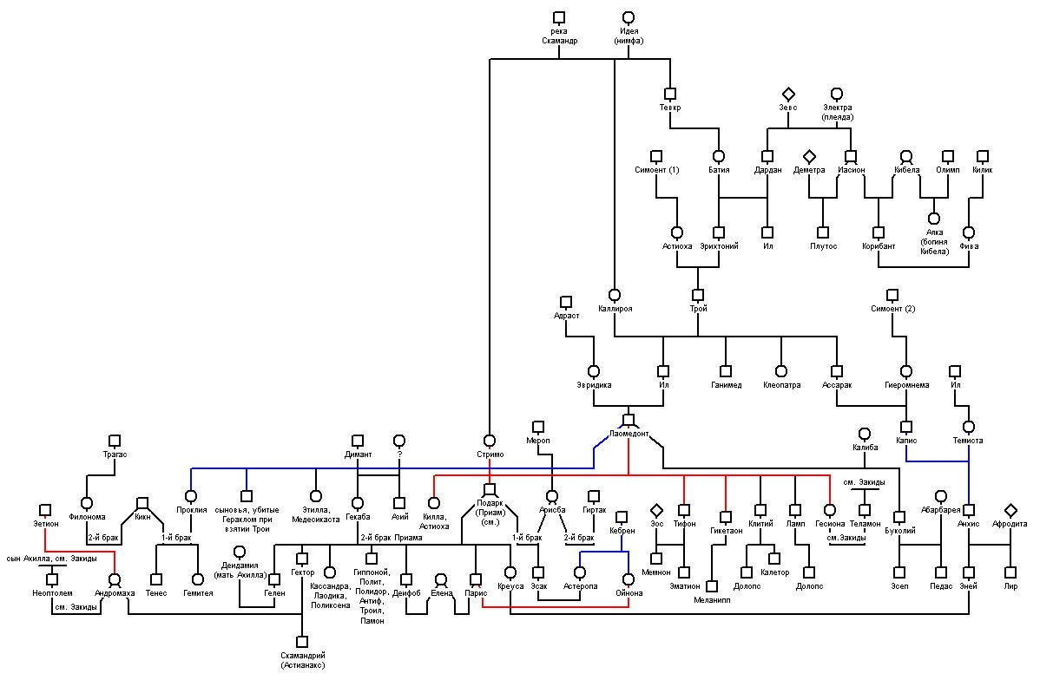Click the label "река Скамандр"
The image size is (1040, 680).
[x=559, y=36]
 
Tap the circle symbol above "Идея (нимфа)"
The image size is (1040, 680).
[x=629, y=17]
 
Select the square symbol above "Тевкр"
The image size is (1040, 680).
[x=670, y=94]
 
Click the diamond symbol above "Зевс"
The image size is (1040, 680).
[x=788, y=95]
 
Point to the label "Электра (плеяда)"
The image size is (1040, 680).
[x=837, y=112]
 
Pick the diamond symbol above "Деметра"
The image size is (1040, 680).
[x=808, y=156]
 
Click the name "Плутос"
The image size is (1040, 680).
[x=823, y=245]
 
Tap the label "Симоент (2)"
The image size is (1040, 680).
[x=892, y=308]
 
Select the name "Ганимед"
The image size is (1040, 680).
[x=726, y=384]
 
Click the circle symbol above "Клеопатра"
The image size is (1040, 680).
[x=781, y=371]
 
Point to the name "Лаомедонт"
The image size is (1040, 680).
[x=629, y=434]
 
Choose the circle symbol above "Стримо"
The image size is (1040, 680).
[x=490, y=441]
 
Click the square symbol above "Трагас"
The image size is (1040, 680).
[x=115, y=441]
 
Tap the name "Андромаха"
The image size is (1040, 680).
[x=115, y=593]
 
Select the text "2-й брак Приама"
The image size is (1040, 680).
[x=391, y=538]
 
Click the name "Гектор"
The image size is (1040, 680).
[x=302, y=572]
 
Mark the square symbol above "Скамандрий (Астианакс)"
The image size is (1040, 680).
[x=302, y=642]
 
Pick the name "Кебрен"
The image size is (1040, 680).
[x=622, y=530]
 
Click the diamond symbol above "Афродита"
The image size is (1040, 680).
[x=1010, y=510]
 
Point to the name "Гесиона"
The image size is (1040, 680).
[x=830, y=524]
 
